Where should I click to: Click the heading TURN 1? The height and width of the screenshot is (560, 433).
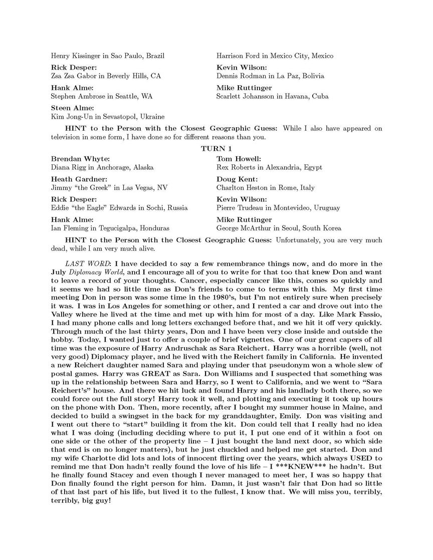pos(216,149)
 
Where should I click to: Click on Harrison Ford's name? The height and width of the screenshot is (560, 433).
pos(236,56)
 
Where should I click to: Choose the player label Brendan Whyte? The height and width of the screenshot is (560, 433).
pos(80,159)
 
